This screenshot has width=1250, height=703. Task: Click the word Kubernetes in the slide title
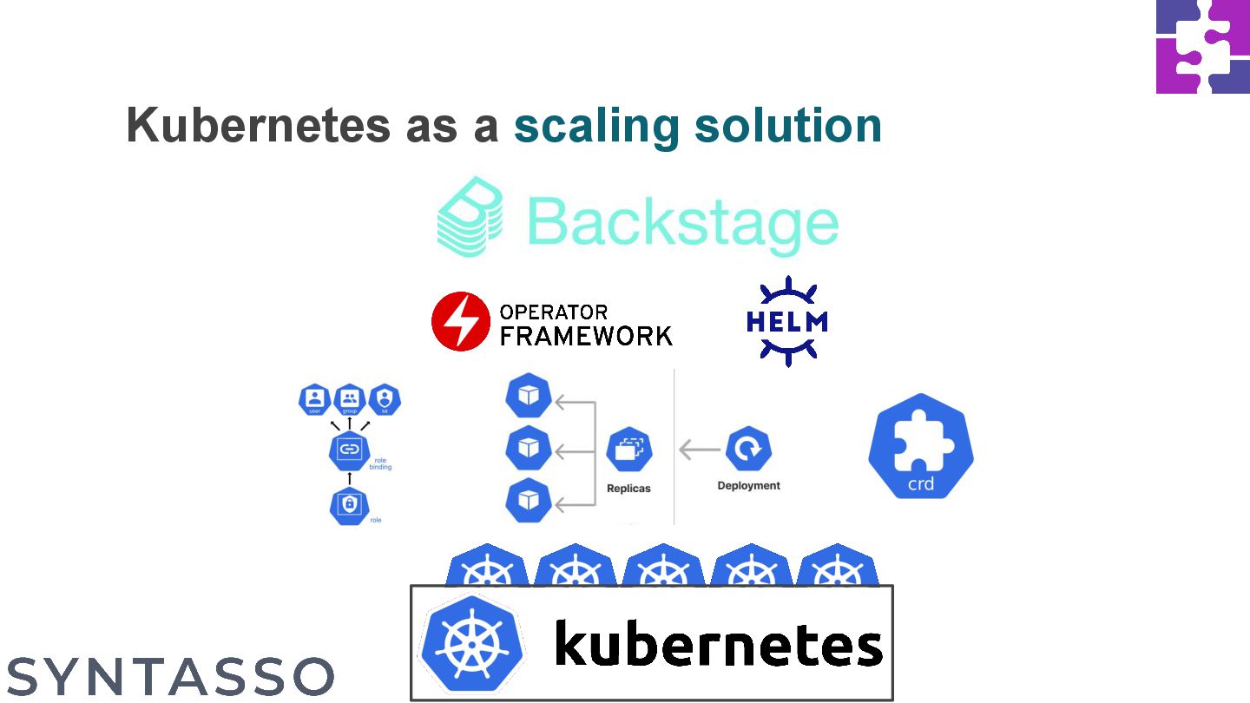(x=257, y=126)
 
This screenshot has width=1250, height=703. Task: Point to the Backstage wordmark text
(x=682, y=223)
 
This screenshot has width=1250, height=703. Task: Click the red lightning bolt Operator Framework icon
(x=460, y=321)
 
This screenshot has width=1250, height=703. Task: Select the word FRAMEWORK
(x=586, y=335)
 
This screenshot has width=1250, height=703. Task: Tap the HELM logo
(x=786, y=322)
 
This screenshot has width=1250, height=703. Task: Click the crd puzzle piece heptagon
(x=921, y=446)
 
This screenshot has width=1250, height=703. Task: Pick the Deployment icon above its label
(x=748, y=449)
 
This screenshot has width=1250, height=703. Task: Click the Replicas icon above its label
(x=628, y=450)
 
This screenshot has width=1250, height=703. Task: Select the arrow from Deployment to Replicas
(x=699, y=450)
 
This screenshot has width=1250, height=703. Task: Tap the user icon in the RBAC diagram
(x=315, y=399)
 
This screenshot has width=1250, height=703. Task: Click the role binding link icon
(x=349, y=450)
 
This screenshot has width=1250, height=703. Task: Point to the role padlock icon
(x=349, y=504)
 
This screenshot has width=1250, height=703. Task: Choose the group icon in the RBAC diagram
(x=349, y=399)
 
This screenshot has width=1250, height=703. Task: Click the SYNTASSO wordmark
(x=170, y=676)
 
